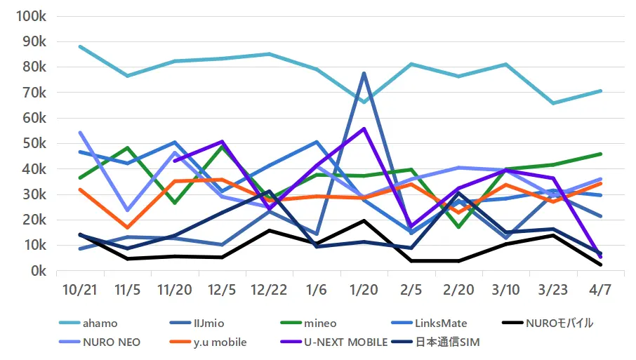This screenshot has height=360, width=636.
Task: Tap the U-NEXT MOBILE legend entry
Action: click(x=345, y=342)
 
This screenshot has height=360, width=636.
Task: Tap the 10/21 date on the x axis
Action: click(x=79, y=289)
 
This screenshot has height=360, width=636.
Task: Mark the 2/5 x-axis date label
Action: click(x=411, y=289)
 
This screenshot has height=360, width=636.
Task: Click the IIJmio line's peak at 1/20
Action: click(x=364, y=73)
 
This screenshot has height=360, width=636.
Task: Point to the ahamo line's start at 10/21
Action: click(x=80, y=46)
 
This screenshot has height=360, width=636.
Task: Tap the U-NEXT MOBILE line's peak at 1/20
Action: click(x=364, y=128)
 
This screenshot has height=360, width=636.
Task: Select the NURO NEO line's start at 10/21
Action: click(x=80, y=132)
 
